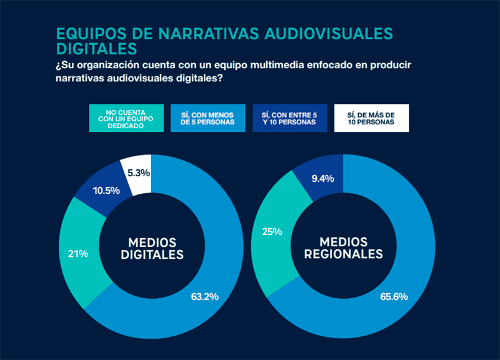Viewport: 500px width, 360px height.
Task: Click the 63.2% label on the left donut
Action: click(204, 296)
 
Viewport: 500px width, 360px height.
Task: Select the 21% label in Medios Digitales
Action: click(78, 254)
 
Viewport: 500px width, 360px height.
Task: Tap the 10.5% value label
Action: click(106, 190)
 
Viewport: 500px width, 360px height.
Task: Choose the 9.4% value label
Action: click(322, 179)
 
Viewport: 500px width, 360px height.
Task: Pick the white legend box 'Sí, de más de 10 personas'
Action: click(371, 118)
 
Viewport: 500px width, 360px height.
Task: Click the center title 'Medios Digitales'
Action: click(151, 248)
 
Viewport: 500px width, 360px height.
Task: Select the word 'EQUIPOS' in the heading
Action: click(86, 34)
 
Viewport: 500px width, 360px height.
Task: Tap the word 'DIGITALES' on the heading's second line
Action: click(96, 49)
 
